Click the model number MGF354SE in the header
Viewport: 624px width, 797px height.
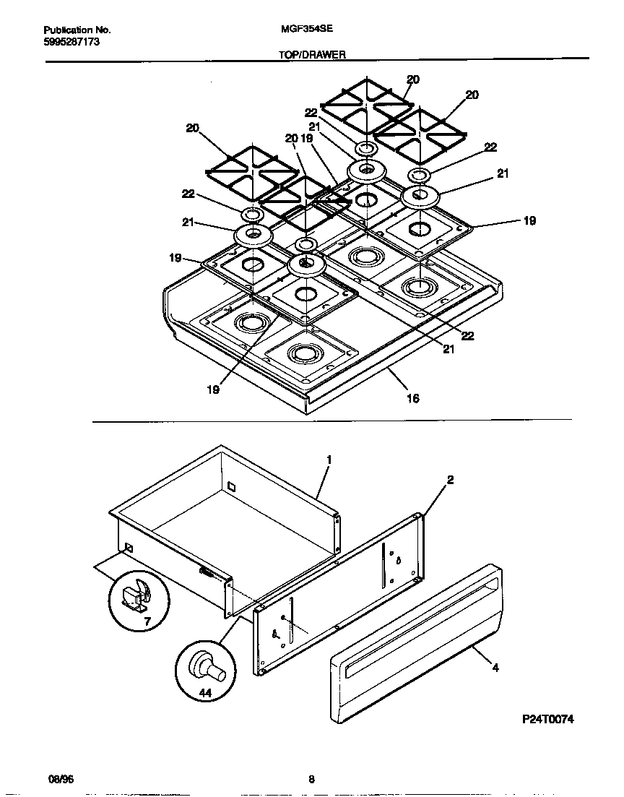[301, 30]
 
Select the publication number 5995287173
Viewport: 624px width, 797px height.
[71, 43]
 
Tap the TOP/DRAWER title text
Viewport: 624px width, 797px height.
[313, 54]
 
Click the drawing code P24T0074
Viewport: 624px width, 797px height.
[548, 720]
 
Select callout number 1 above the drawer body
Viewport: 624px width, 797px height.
[329, 459]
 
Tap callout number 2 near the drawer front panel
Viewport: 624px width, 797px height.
[450, 479]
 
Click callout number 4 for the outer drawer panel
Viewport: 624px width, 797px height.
[495, 668]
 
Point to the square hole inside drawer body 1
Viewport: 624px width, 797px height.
[230, 486]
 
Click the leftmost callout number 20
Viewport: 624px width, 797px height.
[192, 128]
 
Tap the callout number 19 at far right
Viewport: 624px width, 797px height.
[529, 221]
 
